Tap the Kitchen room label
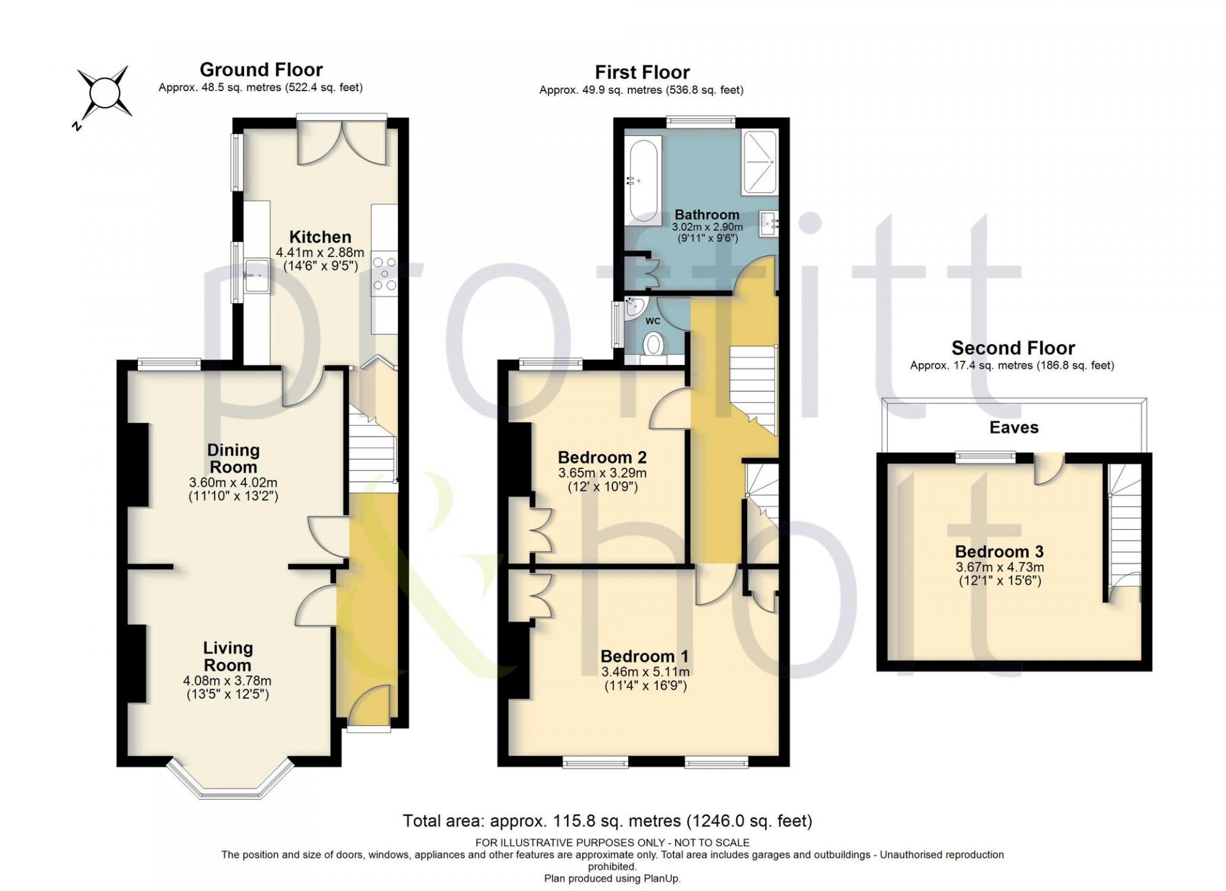click(320, 237)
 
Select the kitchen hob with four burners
click(384, 273)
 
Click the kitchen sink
click(257, 275)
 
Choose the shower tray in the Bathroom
click(759, 161)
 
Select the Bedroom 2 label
click(602, 457)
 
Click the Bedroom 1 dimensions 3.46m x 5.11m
click(646, 672)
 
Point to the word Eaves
click(1014, 427)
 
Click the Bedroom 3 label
click(1000, 551)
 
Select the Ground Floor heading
click(261, 69)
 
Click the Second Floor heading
click(1013, 348)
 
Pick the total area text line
click(607, 821)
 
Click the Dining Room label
click(233, 458)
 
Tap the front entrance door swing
click(368, 705)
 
